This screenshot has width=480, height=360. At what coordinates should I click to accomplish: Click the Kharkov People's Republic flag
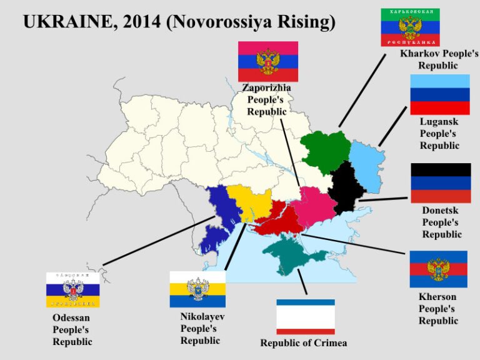[410, 27]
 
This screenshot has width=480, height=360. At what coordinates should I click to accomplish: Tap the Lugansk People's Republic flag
[439, 94]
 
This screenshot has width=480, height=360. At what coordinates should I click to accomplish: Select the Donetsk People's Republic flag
[440, 182]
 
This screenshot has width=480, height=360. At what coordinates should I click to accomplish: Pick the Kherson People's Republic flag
[438, 269]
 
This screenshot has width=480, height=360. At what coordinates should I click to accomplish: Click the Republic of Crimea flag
[306, 317]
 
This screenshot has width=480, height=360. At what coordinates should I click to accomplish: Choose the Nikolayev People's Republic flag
[197, 289]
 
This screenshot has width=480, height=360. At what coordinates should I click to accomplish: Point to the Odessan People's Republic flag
[72, 289]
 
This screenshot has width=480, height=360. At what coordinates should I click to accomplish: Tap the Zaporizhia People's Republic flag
[267, 61]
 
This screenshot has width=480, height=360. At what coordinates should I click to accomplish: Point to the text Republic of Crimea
[303, 343]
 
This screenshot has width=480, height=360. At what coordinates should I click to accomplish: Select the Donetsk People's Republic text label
[441, 222]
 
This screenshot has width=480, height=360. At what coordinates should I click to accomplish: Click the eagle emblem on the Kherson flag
[438, 269]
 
